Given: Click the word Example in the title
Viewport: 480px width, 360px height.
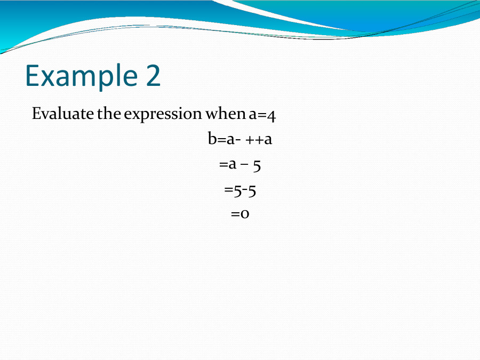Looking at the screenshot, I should tap(75, 75).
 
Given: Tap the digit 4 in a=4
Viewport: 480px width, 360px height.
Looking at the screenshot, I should tap(270, 115).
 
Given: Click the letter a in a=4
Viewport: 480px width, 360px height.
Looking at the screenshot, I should tap(252, 115).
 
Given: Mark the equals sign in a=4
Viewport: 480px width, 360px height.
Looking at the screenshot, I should tap(261, 115).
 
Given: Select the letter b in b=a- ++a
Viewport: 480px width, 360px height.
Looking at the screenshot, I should tap(212, 139).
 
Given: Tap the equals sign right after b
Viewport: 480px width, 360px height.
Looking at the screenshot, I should tap(221, 140).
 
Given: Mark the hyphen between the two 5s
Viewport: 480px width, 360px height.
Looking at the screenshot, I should tap(243, 190).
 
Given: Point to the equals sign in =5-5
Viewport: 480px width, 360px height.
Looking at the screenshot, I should tap(228, 190).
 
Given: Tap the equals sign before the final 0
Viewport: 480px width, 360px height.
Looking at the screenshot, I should tap(235, 214).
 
